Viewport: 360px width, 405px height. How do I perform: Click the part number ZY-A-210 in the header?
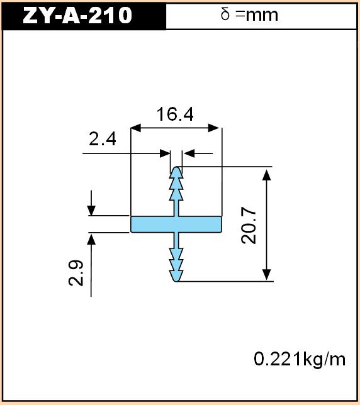77,15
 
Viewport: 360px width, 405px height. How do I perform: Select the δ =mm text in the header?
249,14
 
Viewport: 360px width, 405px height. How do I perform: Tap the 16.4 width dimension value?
175,114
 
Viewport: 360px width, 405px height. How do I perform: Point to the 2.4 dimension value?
103,139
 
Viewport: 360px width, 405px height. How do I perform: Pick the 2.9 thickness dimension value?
76,273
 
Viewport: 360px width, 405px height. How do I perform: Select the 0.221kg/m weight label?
300,359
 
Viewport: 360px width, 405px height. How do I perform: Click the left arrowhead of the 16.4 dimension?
136,128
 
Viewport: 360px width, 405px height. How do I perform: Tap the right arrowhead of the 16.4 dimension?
214,128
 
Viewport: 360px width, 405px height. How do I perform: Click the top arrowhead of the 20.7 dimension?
267,175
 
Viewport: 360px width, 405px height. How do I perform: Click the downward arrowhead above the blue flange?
91,211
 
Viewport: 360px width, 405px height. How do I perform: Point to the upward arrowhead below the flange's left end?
91,238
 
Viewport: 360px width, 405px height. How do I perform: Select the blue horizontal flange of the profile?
176,224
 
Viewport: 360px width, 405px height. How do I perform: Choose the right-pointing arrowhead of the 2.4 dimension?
165,153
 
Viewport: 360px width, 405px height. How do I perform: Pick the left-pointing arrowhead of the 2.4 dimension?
189,153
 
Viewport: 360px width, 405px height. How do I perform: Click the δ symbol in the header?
225,14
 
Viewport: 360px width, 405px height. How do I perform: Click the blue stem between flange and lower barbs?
176,240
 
